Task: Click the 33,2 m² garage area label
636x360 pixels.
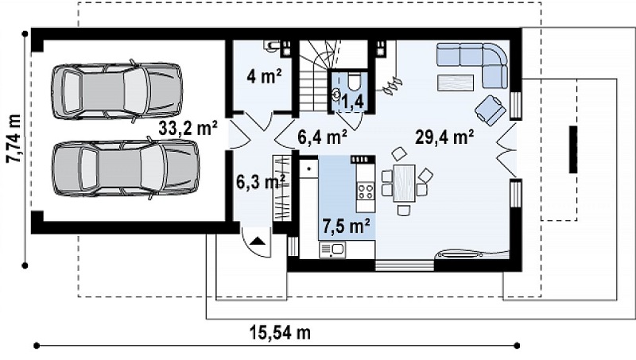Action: tap(188, 129)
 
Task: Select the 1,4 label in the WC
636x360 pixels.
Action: tap(352, 103)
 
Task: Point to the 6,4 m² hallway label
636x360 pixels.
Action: tap(322, 137)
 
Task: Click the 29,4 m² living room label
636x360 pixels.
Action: tap(444, 137)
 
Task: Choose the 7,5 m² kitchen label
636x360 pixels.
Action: tap(346, 226)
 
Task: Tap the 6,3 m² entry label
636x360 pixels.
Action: tap(261, 182)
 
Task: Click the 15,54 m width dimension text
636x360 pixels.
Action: tap(281, 333)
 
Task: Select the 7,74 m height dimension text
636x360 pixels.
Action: tap(14, 137)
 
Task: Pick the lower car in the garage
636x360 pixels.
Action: tap(126, 168)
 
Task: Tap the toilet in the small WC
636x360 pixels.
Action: tap(353, 81)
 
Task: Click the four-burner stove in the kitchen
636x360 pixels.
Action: tap(365, 191)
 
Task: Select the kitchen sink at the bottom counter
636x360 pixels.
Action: tap(332, 250)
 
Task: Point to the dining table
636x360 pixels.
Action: tap(405, 183)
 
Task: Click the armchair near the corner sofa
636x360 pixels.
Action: tap(490, 110)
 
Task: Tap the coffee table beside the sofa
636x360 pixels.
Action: tap(456, 83)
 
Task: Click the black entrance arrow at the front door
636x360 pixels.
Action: tap(258, 242)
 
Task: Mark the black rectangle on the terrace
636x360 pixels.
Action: tap(573, 149)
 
